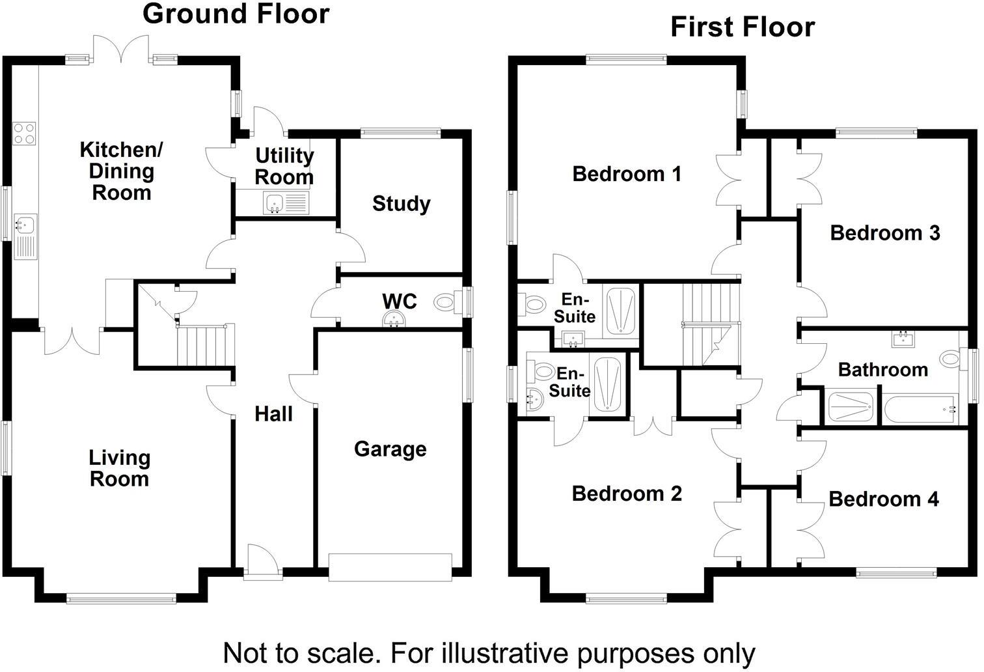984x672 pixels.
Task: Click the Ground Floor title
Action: pos(236,14)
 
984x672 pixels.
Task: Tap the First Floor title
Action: pos(742,27)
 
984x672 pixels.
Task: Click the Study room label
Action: pos(401,204)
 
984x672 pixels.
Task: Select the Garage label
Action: pos(390,449)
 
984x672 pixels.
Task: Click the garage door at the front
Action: pos(390,567)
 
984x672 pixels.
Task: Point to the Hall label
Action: pos(273,413)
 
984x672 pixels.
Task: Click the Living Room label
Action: pos(119,468)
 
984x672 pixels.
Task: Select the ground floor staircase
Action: pos(203,346)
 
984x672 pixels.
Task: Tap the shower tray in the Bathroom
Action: pos(850,406)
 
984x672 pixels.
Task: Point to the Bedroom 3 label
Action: pos(884,233)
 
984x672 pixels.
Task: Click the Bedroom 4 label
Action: pos(883,499)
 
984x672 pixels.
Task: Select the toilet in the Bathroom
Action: pos(951,359)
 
